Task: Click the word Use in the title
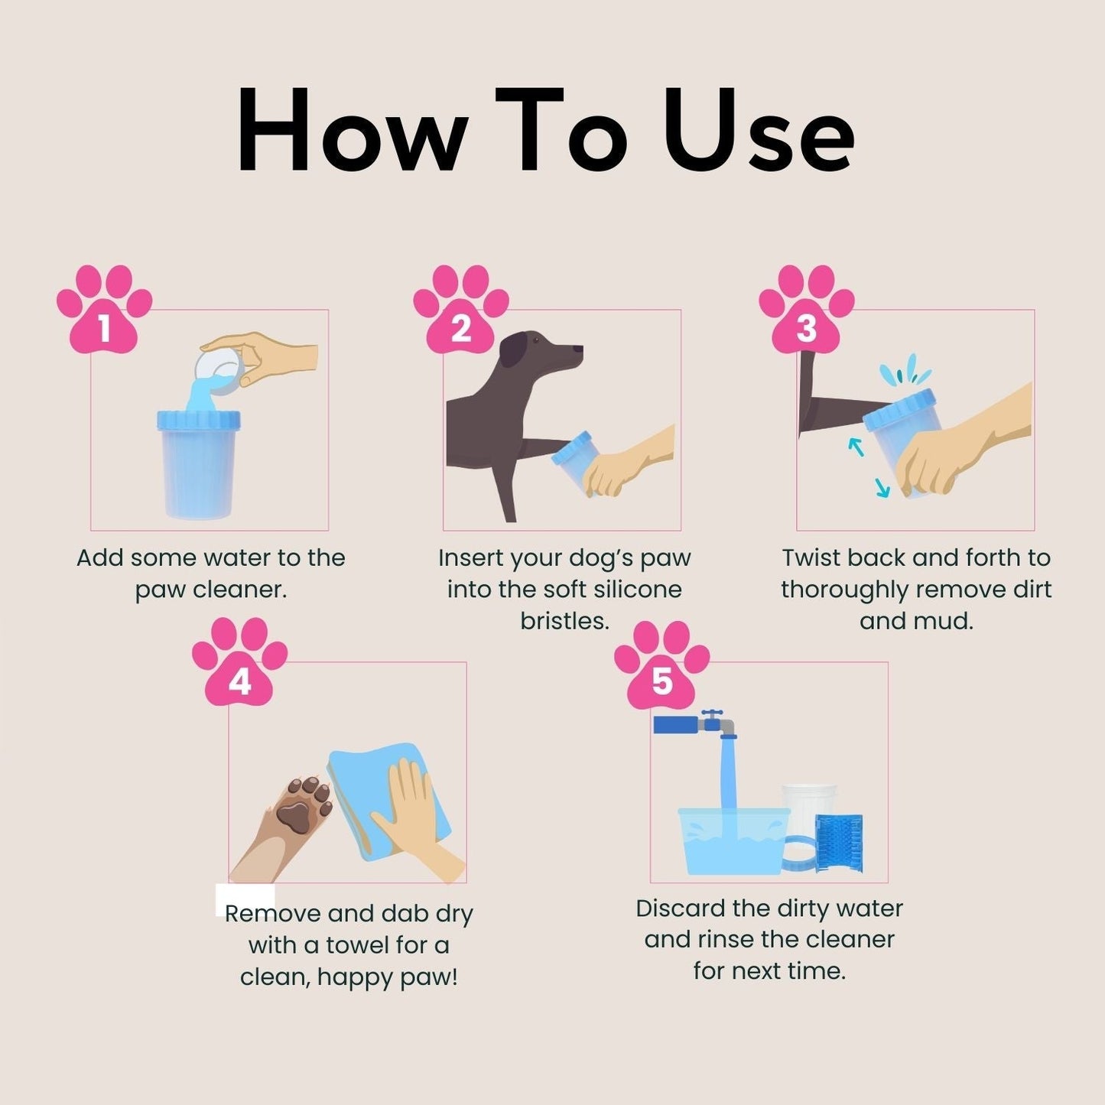coord(759,132)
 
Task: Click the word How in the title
coord(352,132)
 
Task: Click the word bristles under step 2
coord(564,621)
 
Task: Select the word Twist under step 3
coord(813,557)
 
